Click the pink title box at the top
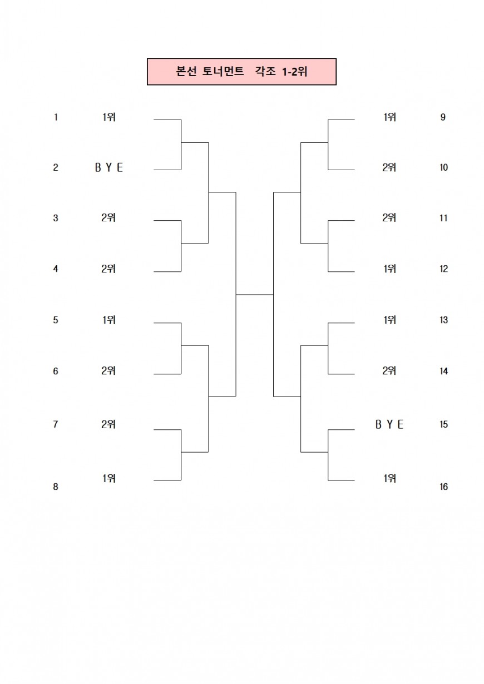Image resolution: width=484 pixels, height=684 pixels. point(241,72)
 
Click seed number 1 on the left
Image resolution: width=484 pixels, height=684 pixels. point(56,117)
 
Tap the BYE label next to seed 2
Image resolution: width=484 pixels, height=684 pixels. point(108,167)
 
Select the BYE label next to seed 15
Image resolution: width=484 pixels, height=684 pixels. point(389,424)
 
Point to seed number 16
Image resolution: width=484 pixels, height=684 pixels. point(443,487)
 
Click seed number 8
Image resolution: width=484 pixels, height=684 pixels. point(56,487)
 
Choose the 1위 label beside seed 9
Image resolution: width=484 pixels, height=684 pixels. point(389,117)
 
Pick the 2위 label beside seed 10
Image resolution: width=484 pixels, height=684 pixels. point(389,167)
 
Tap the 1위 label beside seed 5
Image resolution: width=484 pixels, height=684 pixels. point(108,320)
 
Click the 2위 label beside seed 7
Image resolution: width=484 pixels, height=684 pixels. point(108,424)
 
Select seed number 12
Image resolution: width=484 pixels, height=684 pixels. point(443,269)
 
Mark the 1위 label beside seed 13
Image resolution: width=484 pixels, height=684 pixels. point(389,320)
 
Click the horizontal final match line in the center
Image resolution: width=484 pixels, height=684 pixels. point(254,294)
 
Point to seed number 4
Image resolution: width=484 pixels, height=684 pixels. point(56,269)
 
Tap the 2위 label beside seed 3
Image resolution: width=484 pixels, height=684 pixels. point(108,218)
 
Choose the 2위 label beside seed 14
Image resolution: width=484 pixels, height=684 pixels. point(389,371)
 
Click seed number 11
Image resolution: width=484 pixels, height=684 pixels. point(443,218)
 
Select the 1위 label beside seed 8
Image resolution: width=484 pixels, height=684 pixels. point(108,478)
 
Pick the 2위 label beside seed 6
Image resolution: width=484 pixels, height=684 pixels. point(108,371)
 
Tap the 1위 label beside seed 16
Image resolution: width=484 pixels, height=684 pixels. point(389,478)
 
